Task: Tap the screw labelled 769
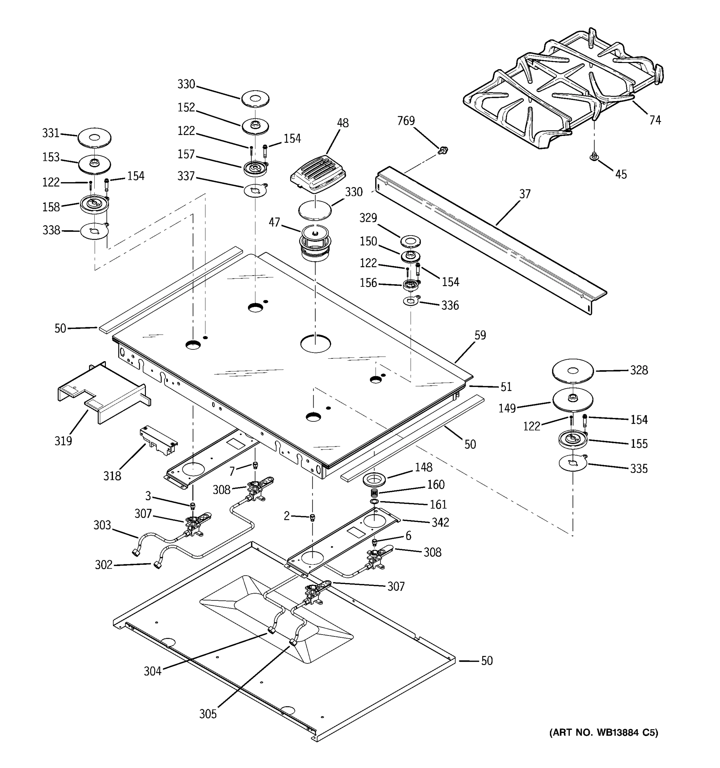tap(444, 149)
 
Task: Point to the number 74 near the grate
tap(655, 121)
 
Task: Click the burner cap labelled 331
tap(94, 138)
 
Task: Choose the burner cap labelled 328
tap(573, 371)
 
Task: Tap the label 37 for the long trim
tap(524, 194)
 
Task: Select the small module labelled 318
tap(158, 440)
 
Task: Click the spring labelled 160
tap(374, 493)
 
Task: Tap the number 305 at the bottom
tap(208, 714)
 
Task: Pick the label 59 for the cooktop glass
tap(480, 335)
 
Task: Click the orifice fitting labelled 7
tap(255, 465)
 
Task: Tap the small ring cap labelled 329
tap(411, 242)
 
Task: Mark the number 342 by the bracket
tap(440, 522)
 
